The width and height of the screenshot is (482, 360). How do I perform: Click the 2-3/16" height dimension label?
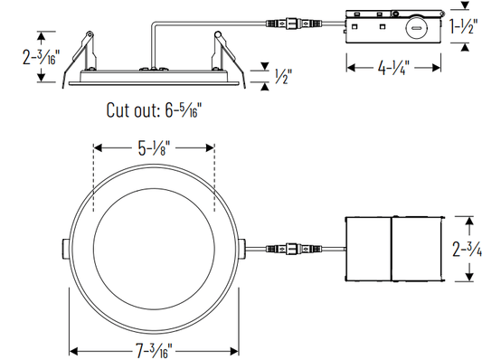41,57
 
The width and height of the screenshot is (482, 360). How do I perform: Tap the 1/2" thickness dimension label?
283,76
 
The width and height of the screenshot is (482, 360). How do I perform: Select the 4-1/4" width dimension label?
393,68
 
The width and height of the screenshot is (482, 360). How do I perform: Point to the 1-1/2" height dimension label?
464,26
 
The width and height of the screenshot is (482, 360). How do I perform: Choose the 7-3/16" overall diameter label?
154,351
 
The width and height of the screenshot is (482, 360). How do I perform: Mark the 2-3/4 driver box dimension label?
467,249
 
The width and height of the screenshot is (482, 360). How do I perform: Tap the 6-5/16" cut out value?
184,109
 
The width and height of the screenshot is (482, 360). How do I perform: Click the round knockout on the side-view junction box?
416,29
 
